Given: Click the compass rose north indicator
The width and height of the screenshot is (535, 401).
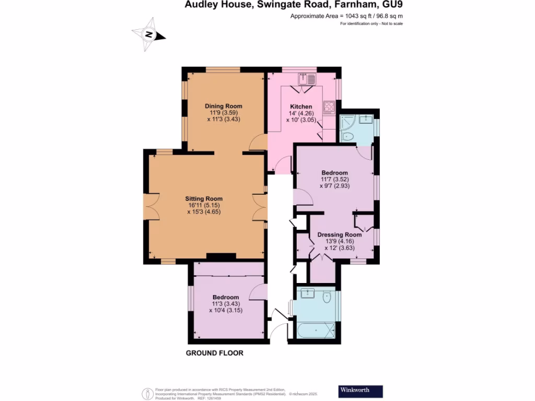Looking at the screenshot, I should click(149, 35).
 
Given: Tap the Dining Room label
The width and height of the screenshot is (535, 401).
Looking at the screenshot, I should click(223, 106).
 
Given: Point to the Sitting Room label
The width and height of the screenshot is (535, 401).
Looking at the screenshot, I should click(204, 198).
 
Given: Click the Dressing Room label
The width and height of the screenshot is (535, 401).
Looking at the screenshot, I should click(340, 234).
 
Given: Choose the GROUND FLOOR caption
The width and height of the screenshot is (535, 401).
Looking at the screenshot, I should click(215, 353).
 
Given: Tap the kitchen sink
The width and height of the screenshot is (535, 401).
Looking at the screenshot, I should click(307, 79).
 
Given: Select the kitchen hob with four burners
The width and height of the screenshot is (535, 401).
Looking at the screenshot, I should click(329, 107).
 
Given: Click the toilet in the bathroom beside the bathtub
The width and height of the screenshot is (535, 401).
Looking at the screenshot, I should click(327, 298).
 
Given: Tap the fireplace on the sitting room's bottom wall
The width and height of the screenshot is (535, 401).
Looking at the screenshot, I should click(220, 256).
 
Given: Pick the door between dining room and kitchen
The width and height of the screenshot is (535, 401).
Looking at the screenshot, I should click(259, 143).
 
